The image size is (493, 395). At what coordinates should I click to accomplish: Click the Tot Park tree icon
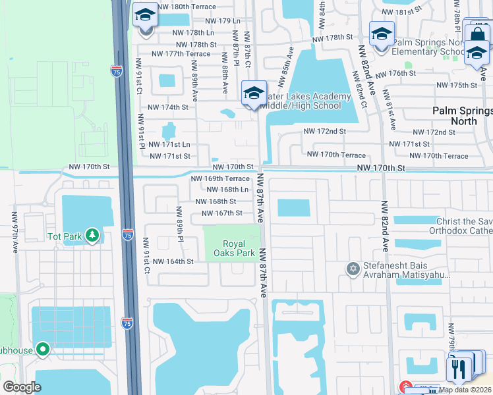93,235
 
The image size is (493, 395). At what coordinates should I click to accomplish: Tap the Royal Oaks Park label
234,248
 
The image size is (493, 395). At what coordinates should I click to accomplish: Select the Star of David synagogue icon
353,268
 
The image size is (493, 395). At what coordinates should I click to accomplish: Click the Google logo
22,387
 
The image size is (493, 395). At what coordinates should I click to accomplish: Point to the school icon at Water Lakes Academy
253,93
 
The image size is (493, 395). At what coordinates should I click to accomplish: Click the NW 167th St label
222,213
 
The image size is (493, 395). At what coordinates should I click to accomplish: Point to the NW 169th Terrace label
220,178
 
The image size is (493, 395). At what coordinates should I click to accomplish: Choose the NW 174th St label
168,107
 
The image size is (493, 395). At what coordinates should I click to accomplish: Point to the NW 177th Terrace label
181,54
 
